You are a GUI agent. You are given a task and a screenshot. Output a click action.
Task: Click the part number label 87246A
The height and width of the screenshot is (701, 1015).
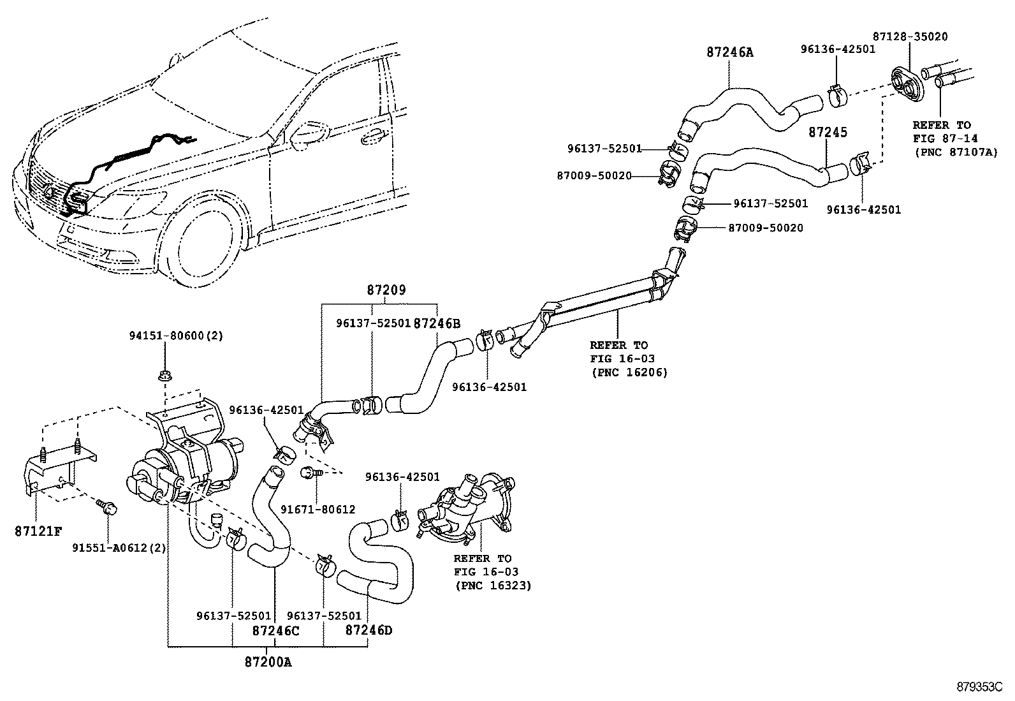(x=729, y=52)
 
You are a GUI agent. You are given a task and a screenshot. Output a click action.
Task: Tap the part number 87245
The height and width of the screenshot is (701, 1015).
(x=828, y=132)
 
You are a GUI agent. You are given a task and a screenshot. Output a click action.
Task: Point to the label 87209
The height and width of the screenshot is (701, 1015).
(x=386, y=290)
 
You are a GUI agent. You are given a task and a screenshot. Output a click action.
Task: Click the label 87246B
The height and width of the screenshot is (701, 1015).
(x=437, y=323)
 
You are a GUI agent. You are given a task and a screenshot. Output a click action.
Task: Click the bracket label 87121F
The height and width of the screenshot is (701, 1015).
(x=38, y=531)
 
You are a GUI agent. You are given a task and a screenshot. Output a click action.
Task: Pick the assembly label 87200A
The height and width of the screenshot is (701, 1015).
(x=268, y=662)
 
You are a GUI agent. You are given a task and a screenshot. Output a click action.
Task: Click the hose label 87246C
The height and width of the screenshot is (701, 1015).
(x=275, y=631)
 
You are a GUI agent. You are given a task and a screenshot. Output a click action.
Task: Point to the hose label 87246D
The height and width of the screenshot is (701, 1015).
(x=369, y=631)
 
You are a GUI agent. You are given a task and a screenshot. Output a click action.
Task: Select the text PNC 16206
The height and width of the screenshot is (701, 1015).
(x=629, y=372)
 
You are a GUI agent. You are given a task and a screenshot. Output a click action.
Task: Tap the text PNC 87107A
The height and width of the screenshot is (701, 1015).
(x=955, y=152)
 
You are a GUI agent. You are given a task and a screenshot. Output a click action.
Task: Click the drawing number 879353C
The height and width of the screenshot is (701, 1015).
(x=979, y=687)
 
